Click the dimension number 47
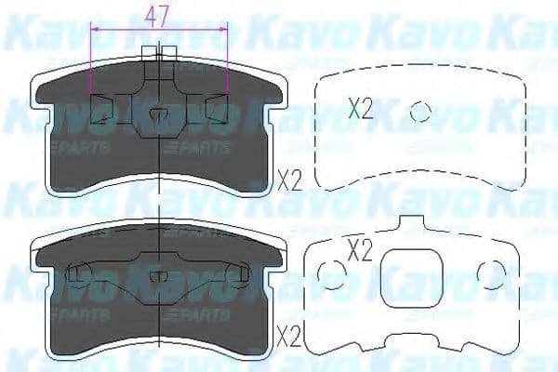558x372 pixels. click(159, 15)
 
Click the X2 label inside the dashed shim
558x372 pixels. click(360, 110)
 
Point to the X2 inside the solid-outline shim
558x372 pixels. click(359, 249)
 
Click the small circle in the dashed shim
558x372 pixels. click(421, 111)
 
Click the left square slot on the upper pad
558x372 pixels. click(101, 110)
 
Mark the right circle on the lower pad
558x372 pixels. click(236, 272)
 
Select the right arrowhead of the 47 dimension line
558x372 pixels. click(227, 30)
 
